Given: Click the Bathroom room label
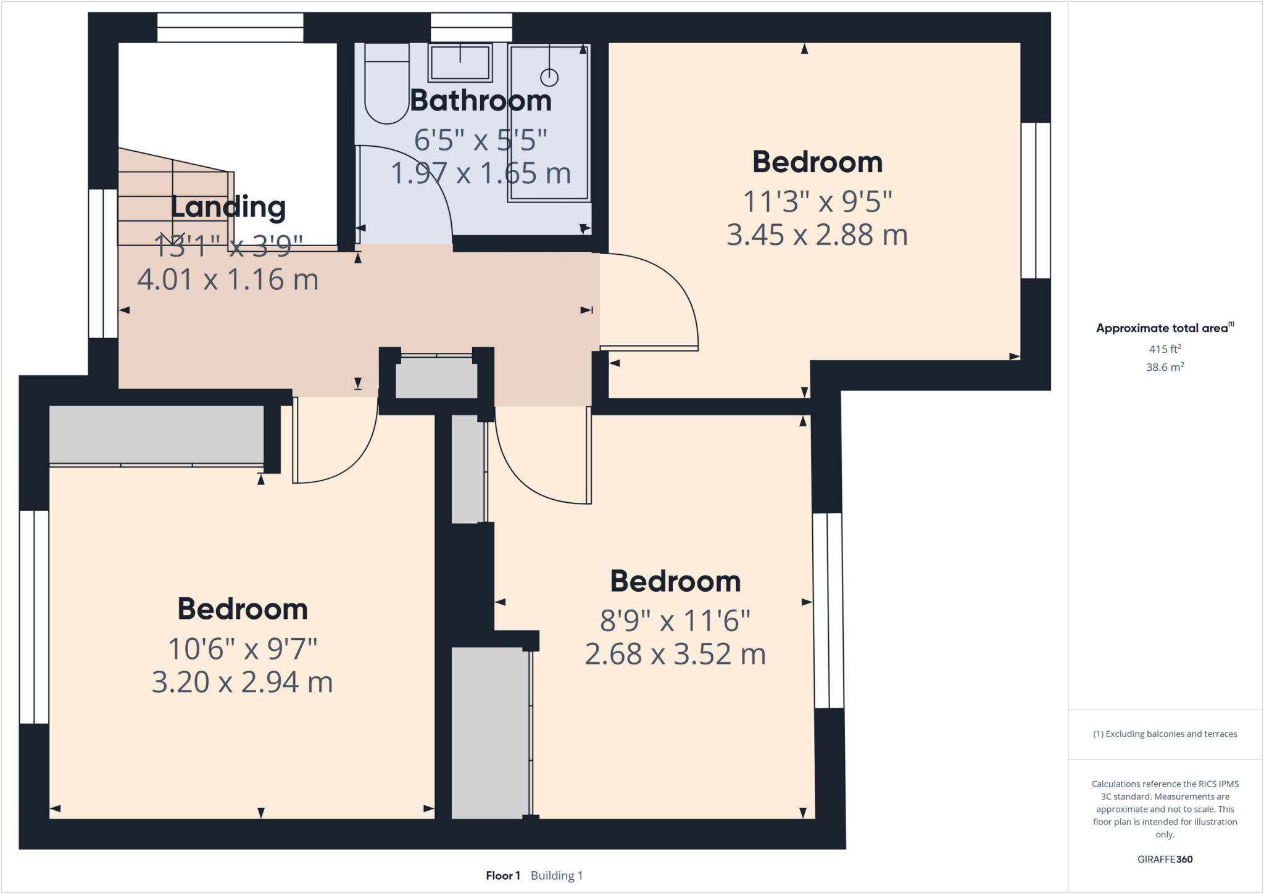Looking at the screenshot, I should [480, 101].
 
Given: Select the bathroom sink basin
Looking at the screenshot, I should [460, 63].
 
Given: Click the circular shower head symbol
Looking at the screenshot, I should [549, 78].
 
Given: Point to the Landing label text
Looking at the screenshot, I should [228, 207].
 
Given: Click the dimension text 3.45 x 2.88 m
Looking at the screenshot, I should [817, 235].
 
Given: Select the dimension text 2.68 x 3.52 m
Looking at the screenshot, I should [675, 654].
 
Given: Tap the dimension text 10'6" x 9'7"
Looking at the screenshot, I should [243, 648].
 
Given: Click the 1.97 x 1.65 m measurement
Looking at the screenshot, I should [480, 173].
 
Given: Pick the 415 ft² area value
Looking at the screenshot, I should [1165, 349].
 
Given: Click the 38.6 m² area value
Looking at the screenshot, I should [1165, 367].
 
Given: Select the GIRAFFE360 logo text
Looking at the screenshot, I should [1165, 859].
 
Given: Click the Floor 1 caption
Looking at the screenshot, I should [503, 875].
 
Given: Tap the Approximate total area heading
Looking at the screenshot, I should [1163, 328].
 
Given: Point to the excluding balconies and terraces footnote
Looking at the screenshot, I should [1165, 734].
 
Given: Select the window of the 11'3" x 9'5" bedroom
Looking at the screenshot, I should [1035, 201].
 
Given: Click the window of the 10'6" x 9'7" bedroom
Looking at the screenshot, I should [34, 616].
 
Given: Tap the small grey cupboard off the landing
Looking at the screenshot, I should [436, 377].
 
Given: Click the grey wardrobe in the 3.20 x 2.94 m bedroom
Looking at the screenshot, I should [156, 434].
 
